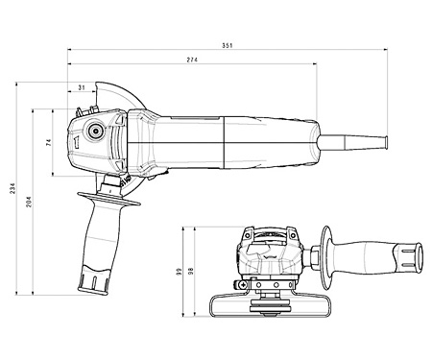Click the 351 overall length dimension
pos(227,44)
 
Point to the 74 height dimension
pos(48,142)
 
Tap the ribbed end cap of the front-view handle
pos(411,258)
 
